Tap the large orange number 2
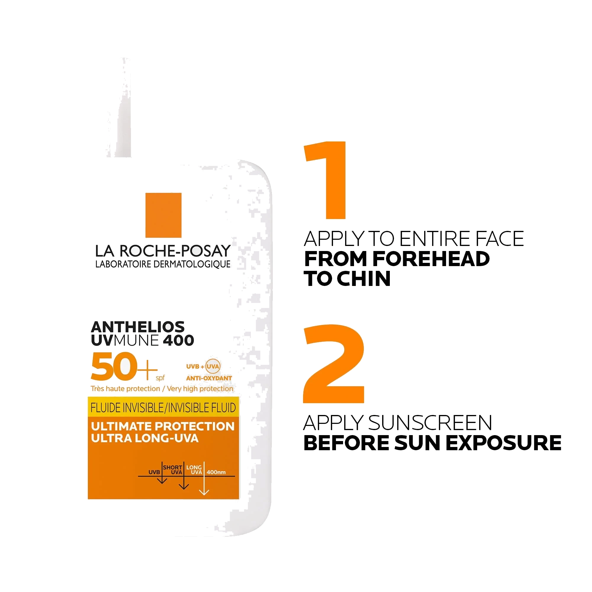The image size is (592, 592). (x=334, y=364)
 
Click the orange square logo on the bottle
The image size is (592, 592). (x=163, y=215)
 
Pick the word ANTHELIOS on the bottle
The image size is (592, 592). (x=138, y=327)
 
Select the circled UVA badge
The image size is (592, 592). (x=213, y=366)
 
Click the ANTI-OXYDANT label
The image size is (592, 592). (x=209, y=378)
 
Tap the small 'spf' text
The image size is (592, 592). (x=160, y=378)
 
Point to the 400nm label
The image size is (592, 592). (x=216, y=472)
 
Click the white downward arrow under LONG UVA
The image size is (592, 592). (x=204, y=478)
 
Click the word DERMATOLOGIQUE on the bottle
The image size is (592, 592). (x=192, y=264)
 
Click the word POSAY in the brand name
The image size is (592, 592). (x=206, y=251)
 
